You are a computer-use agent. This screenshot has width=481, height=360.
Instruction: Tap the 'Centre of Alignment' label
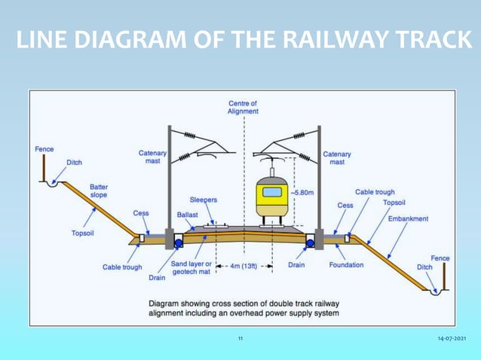coord(243,107)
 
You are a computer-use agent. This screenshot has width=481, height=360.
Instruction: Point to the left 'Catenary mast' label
coord(153,157)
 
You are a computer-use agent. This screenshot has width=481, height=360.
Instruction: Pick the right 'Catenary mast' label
coord(336,157)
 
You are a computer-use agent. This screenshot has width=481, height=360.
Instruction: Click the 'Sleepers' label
coord(204,200)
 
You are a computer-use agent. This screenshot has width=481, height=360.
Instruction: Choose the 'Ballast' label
coord(187,215)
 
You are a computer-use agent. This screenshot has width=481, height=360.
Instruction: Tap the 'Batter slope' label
coord(98,191)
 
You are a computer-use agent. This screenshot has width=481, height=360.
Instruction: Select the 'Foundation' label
coord(346,265)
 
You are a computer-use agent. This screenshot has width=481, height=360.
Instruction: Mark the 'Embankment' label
coord(408,219)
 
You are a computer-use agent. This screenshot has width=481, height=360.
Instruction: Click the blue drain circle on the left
coord(180,243)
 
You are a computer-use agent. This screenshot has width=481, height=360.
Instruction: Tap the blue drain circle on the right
coord(309,243)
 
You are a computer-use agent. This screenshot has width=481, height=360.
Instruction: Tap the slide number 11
coord(240,340)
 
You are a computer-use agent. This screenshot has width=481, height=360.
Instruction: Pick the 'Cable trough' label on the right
coord(375,193)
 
